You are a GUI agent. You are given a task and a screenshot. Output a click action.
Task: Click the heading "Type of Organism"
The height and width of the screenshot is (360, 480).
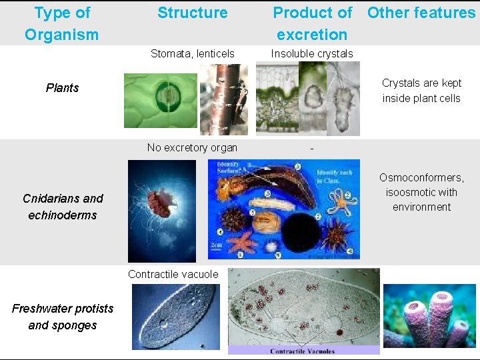(61, 23)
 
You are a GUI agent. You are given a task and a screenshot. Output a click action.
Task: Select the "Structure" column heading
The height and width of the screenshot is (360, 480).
(192, 13)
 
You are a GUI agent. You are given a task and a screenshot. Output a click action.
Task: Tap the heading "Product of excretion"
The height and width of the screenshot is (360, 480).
(313, 23)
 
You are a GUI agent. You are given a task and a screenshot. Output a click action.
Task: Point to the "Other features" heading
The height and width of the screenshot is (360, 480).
(421, 13)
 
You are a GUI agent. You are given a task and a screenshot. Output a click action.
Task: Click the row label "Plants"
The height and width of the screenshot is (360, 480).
(62, 88)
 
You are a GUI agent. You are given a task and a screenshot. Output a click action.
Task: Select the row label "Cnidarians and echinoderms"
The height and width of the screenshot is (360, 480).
(63, 207)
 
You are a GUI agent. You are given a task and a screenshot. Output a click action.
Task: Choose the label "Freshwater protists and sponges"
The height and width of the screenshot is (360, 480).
(63, 317)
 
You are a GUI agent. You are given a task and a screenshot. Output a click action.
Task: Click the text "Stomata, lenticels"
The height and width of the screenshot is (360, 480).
(192, 53)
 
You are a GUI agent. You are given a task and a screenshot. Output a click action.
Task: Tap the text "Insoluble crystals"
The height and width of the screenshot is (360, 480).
(312, 53)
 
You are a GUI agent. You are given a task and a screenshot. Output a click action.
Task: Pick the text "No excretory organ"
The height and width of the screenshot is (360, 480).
(192, 147)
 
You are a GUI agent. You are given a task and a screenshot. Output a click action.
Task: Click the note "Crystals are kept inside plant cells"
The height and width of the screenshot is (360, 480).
(421, 91)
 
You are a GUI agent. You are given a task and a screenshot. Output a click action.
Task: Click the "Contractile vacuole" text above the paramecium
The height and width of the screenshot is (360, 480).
(173, 274)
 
